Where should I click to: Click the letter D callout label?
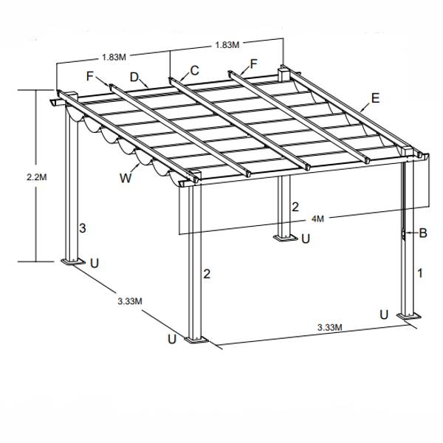click(134, 77)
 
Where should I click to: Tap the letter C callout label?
click(194, 70)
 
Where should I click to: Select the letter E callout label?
click(375, 98)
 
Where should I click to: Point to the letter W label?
click(126, 178)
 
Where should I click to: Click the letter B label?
click(423, 233)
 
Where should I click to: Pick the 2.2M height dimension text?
click(37, 177)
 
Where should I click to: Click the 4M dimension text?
click(317, 219)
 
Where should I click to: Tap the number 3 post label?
click(83, 228)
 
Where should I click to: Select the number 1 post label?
click(420, 273)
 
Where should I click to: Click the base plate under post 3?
click(73, 261)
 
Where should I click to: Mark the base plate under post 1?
click(409, 316)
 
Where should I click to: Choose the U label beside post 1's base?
click(384, 315)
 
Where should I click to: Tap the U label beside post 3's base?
click(95, 263)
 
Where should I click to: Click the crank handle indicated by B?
click(404, 233)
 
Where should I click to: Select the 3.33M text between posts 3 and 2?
click(130, 301)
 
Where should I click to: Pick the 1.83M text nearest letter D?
click(114, 57)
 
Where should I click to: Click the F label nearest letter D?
click(90, 76)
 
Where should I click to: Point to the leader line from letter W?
click(135, 168)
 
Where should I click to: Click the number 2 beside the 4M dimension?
click(295, 207)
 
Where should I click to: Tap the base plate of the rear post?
click(286, 238)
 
